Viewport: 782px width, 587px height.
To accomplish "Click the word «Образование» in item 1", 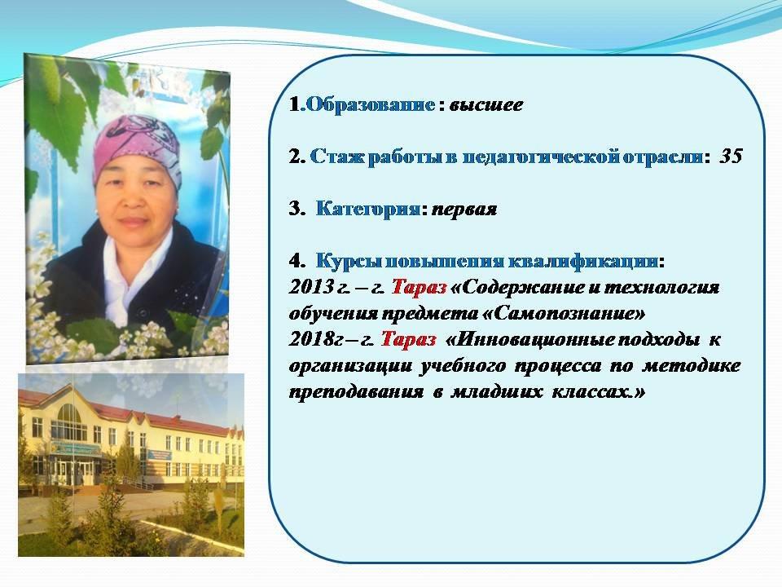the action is [x=370, y=104].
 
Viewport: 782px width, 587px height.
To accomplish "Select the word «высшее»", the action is [x=485, y=105].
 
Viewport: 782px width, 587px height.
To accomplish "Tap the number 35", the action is [x=731, y=157].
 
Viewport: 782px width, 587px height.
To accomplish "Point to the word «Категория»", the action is [x=367, y=209].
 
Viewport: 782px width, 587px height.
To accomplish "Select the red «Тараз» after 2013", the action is [x=419, y=287].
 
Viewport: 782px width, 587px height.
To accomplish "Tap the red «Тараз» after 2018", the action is [x=408, y=339].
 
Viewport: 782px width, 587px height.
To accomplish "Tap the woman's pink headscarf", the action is [x=137, y=148].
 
